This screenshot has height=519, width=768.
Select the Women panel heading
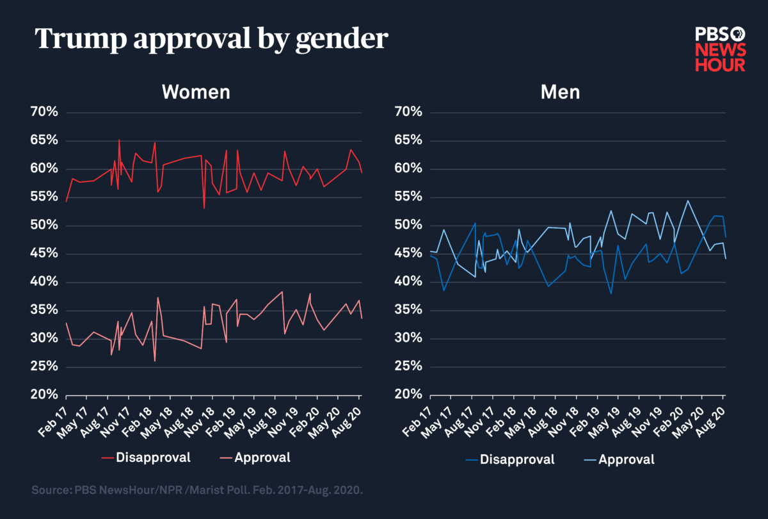[x=195, y=92]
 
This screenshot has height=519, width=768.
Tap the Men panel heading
[x=560, y=92]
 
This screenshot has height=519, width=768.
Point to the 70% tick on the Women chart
[x=44, y=113]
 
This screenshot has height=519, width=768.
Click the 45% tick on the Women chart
[x=44, y=254]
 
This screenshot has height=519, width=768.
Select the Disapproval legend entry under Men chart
[x=511, y=459]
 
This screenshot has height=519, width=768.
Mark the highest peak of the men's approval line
[x=688, y=201]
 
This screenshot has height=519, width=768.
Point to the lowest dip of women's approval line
[x=155, y=361]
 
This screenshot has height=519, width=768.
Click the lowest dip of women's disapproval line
[x=204, y=208]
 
